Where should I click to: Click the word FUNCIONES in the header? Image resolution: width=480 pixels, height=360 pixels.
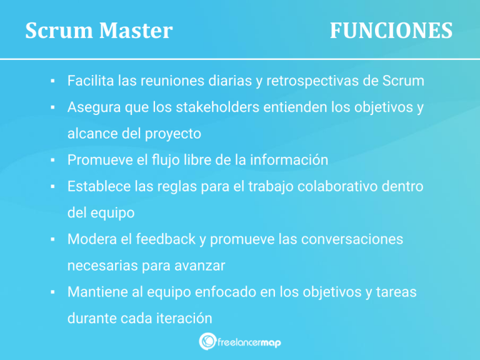click(x=391, y=30)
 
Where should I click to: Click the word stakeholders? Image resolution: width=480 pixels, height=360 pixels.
click(x=226, y=107)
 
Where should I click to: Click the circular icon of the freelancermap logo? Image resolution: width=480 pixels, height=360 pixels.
click(x=207, y=341)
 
